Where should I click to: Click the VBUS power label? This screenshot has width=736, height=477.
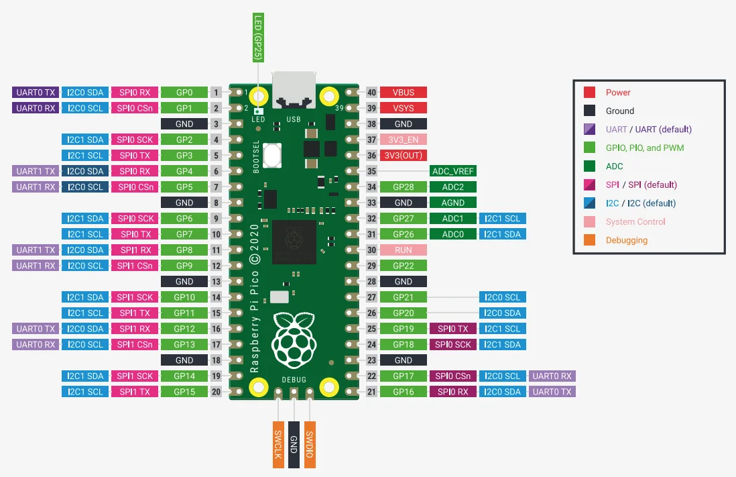404,92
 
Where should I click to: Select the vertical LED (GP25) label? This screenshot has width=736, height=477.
258,38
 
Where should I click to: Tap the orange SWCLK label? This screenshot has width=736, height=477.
278,445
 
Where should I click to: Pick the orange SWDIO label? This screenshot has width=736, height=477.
310,445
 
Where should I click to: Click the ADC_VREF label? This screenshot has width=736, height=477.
453,171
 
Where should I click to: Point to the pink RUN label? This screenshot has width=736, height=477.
404,250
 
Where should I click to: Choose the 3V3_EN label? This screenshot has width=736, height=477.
404,140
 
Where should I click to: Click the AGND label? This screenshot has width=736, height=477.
453,203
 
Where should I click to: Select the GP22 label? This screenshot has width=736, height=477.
404,266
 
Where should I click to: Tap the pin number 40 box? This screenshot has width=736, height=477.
372,92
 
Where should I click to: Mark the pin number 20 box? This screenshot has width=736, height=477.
216,392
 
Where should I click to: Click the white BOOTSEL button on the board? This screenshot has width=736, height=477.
272,155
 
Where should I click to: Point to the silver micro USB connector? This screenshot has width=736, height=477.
294,90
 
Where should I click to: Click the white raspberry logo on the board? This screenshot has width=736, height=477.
294,340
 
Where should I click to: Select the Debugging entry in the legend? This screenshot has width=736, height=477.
627,240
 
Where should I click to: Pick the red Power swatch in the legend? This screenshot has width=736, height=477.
590,92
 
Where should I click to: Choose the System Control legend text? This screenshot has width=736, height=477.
635,222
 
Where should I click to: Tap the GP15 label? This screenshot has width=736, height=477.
184,392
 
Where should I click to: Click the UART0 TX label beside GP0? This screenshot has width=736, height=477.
36,92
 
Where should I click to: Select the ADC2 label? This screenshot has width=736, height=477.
453,187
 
